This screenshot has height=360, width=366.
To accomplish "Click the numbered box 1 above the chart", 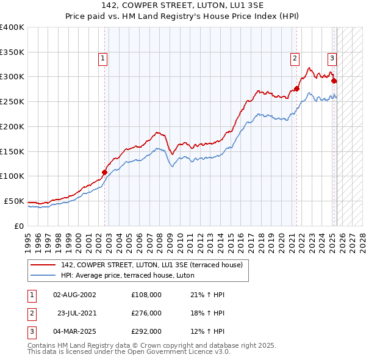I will [x=102, y=59].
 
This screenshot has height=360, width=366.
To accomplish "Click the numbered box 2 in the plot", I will [x=295, y=59].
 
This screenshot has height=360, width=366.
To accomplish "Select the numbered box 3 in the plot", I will [x=332, y=59].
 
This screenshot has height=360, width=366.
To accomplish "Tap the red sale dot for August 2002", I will [x=104, y=172].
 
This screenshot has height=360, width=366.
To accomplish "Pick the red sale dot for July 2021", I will [x=297, y=88].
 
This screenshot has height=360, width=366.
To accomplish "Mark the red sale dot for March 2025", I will [x=334, y=81].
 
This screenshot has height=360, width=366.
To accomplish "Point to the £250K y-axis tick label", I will [x=12, y=101].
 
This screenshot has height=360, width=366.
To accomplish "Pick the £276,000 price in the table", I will [x=146, y=313].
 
